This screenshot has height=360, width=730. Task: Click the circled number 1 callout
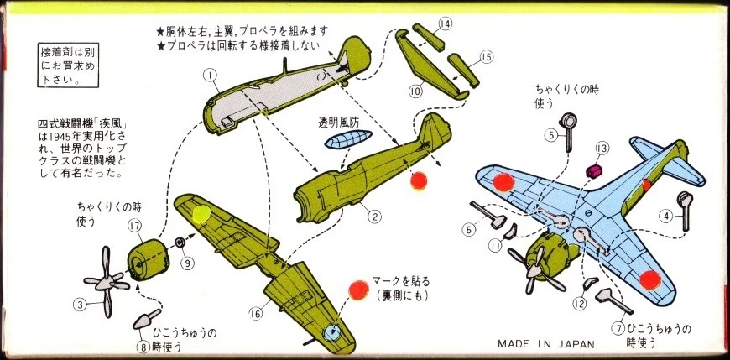click(211, 76)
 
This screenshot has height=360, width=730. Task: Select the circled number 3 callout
click(79, 305)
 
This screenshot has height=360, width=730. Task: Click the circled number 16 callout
click(255, 314)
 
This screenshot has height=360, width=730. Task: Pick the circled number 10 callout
click(415, 90)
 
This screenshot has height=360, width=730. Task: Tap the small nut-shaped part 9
click(180, 243)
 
